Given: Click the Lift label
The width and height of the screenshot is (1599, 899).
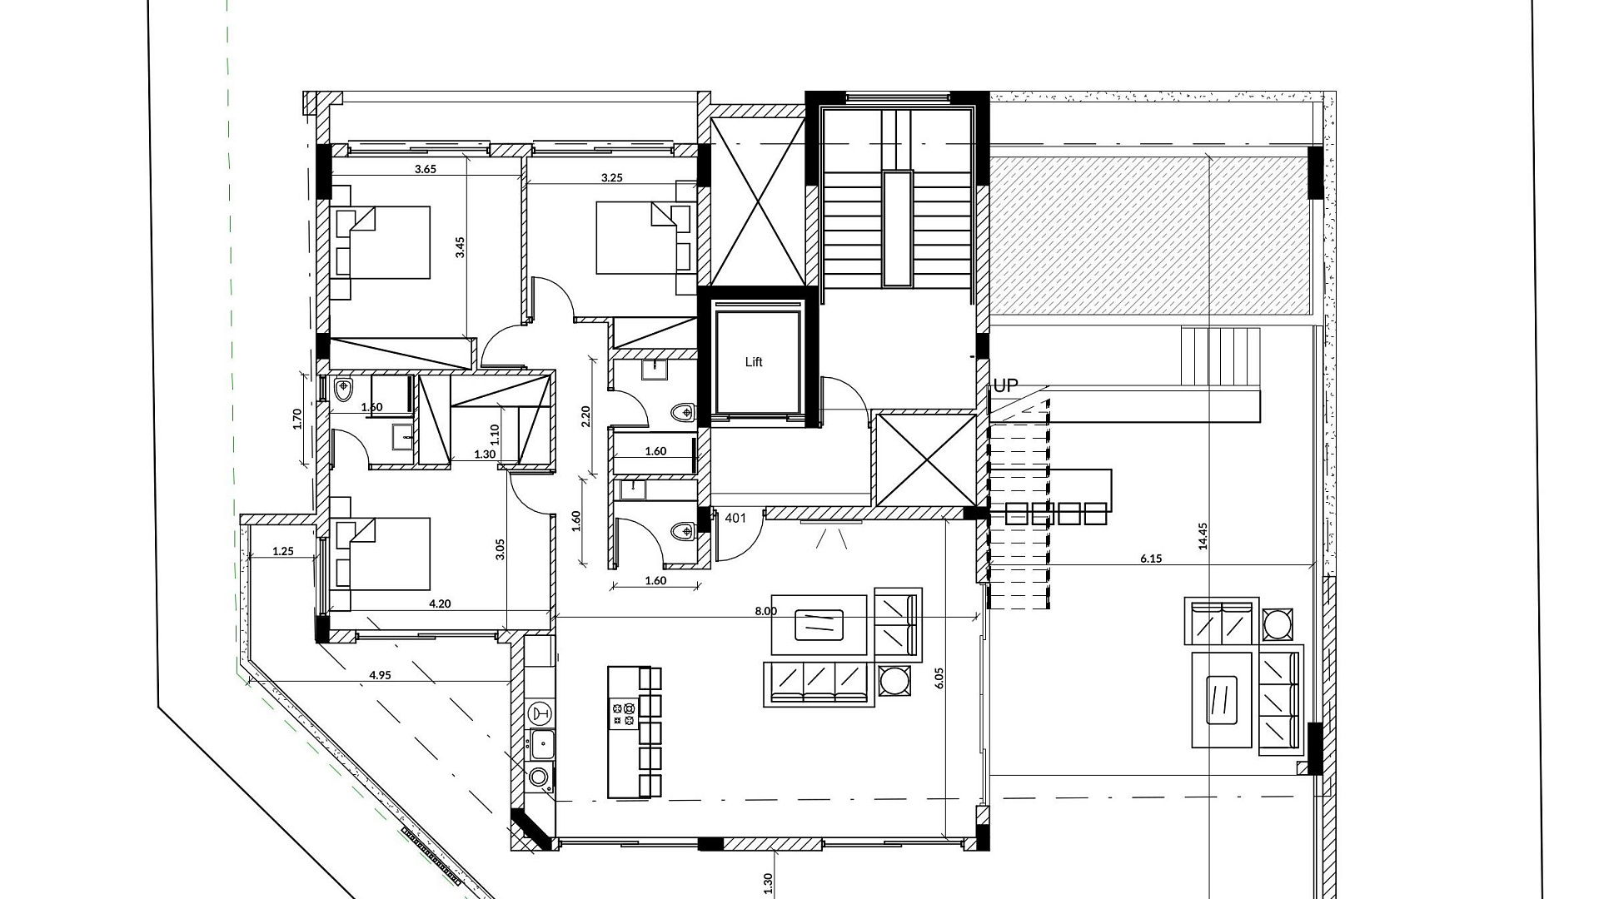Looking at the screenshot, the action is tap(754, 362).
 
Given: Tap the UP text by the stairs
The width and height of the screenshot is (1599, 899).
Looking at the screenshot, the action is tap(1006, 386).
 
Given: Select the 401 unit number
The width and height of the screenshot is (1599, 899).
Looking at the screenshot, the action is tap(735, 518).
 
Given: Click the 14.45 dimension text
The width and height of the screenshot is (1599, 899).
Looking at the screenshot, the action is tap(1202, 537).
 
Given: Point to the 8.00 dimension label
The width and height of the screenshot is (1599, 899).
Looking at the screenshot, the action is tap(766, 611).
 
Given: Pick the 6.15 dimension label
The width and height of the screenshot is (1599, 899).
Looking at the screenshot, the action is tap(1151, 559).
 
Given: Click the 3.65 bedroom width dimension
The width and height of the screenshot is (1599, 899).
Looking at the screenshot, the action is tap(426, 169).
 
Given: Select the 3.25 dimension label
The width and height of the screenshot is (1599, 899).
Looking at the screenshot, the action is tap(612, 177).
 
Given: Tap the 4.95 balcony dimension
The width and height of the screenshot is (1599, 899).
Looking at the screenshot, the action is tap(380, 675).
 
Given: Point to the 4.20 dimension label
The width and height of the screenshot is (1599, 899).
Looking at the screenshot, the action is tap(440, 604).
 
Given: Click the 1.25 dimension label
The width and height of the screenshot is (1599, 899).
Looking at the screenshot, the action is tap(283, 551).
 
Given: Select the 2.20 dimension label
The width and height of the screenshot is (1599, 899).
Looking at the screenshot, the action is tap(585, 416).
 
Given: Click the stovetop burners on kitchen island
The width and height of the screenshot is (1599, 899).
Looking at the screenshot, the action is tap(624, 714).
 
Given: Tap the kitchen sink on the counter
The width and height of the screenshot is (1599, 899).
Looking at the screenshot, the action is tap(543, 743).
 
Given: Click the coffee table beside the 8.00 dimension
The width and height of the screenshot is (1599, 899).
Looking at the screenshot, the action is tap(819, 624).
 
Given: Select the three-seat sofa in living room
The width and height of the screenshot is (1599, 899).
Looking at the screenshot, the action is tap(819, 684).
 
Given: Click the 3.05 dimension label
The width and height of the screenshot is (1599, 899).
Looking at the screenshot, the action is tap(500, 550).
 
